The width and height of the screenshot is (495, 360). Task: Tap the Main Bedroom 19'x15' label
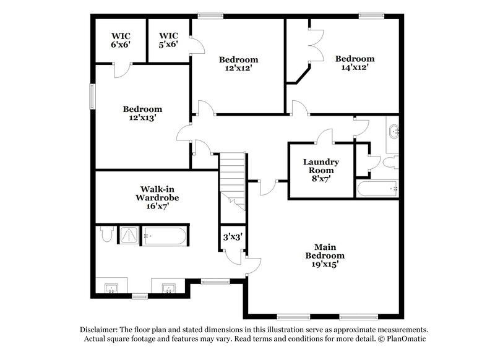(x=325, y=255)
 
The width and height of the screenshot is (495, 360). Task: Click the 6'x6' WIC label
(x=121, y=40)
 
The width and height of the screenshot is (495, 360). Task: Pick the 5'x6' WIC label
(x=168, y=40)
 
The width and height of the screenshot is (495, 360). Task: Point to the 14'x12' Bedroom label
(x=355, y=63)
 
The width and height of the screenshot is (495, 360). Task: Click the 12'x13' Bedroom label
(x=142, y=113)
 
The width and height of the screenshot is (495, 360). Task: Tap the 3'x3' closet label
(x=231, y=236)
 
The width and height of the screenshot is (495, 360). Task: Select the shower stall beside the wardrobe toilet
(x=128, y=236)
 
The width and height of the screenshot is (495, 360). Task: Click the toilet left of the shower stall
(x=105, y=234)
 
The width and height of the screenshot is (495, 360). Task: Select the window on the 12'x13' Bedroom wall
(x=93, y=96)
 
